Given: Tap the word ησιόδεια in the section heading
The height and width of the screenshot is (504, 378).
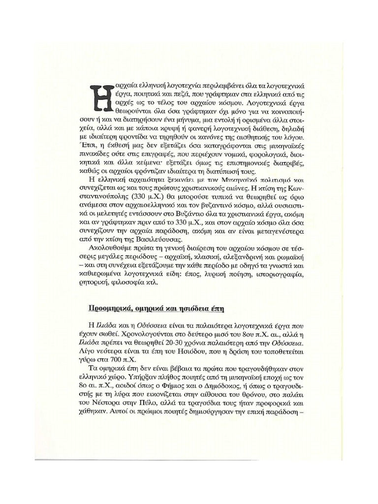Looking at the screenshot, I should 182,309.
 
